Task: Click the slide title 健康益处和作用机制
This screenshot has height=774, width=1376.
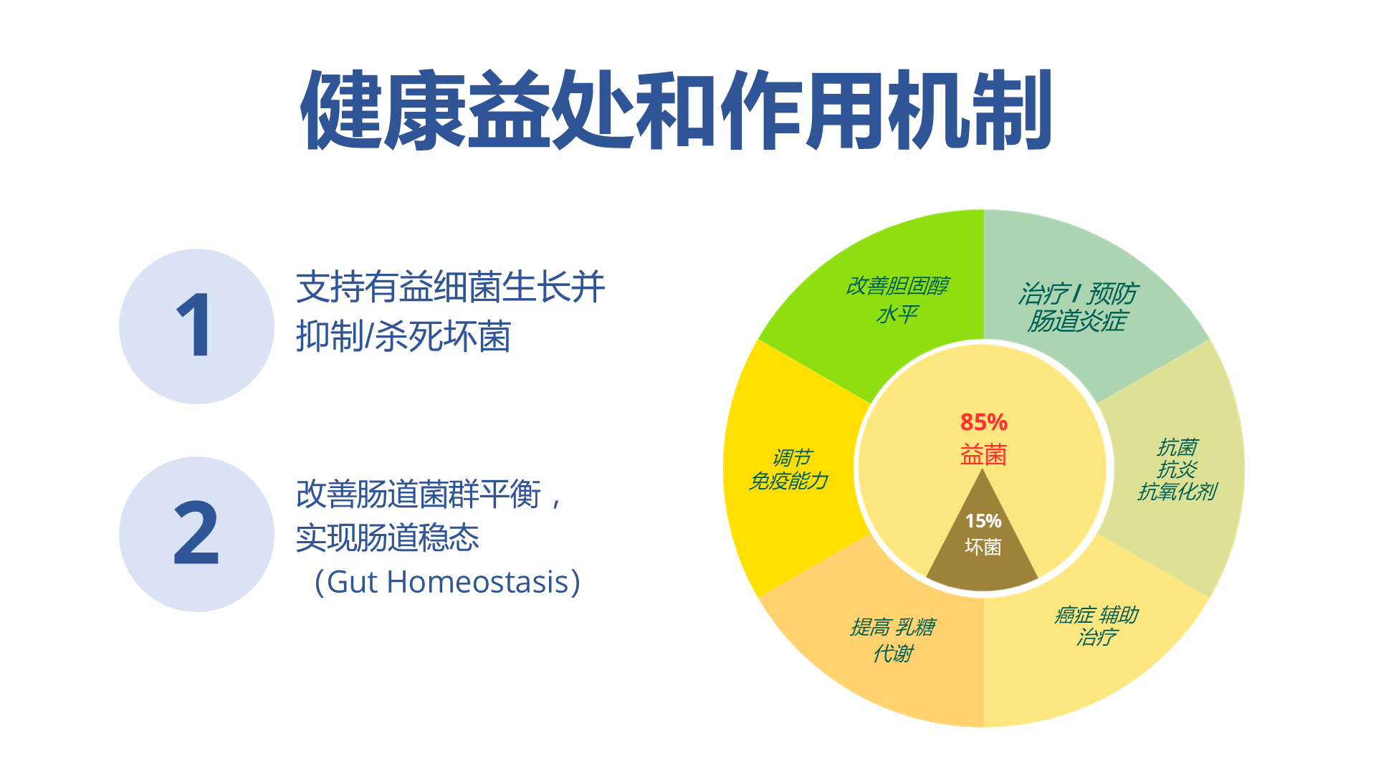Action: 676,110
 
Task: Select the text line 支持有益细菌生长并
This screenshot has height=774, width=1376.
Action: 451,287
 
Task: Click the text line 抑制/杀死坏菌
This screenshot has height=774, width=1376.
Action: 403,336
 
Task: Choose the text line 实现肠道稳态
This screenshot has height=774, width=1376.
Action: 388,537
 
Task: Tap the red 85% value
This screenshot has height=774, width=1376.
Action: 984,422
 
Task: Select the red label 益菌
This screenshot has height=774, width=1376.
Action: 984,455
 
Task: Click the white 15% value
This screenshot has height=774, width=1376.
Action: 983,521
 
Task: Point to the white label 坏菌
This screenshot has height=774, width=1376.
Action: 983,547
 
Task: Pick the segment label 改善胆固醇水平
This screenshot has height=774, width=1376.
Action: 897,300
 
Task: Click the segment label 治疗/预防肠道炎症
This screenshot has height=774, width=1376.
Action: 1078,307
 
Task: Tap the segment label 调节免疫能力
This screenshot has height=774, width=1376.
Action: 789,469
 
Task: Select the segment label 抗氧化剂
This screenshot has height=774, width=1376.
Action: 1177,492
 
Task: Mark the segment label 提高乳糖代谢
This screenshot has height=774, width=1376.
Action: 893,640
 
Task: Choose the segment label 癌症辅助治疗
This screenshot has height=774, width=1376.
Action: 1096,626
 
